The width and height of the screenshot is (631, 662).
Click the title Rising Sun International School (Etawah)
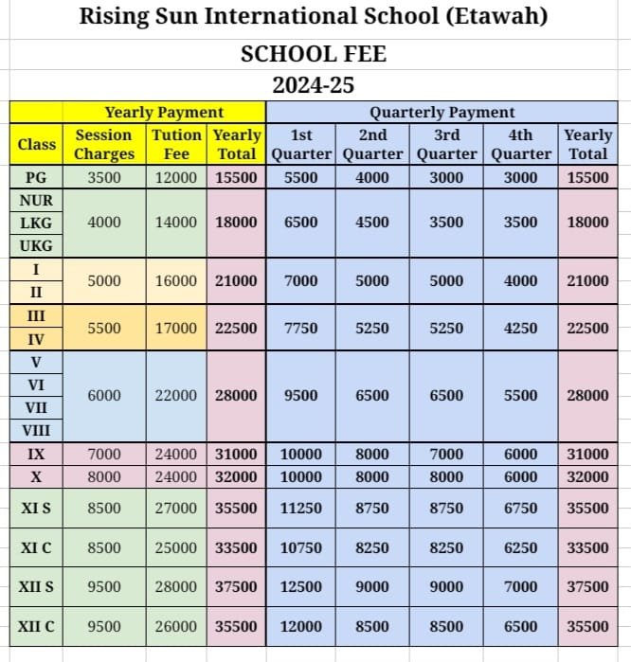coord(313,16)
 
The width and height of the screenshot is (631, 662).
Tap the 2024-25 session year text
coord(313,85)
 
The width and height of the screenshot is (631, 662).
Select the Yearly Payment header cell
coord(164,113)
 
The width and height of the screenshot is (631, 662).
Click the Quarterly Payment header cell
coord(442,113)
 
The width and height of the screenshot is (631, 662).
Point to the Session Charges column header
coord(103,145)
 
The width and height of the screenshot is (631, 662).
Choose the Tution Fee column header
coord(176,145)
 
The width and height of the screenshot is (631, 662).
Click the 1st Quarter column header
coord(301,145)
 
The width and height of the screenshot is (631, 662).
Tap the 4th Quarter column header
coord(520,145)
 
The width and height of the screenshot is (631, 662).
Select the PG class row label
coord(36,177)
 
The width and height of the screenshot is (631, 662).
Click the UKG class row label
coord(36,246)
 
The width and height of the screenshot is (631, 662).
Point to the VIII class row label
coord(36,431)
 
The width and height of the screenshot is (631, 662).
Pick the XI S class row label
coord(36,508)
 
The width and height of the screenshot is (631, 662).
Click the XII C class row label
coord(36,626)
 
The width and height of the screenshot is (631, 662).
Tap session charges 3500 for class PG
coord(103,177)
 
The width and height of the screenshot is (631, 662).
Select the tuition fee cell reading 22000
coord(176,396)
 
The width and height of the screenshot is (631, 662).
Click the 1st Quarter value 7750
coord(301,328)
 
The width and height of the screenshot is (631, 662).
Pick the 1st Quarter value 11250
coord(301,508)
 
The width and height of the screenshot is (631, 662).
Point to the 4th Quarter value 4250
coord(520,328)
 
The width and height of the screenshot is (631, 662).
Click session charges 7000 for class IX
coord(103,455)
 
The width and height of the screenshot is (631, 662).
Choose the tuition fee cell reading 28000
coord(176,586)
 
